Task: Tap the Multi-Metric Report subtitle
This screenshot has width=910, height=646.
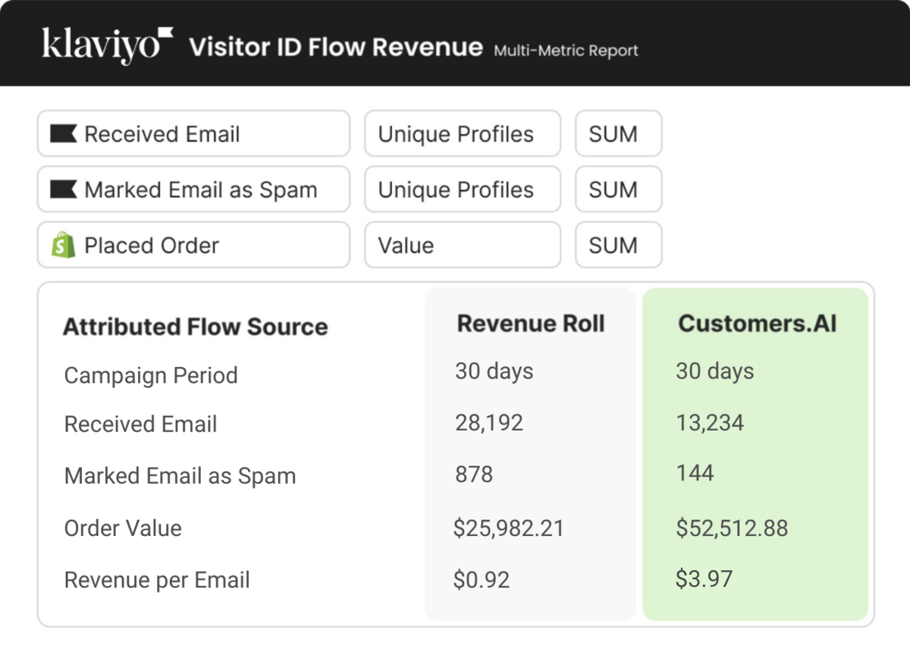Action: coord(566,51)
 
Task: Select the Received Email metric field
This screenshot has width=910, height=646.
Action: coord(193,134)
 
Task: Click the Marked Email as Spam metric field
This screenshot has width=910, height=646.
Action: coord(193,190)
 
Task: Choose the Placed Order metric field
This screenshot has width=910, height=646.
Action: coord(193,245)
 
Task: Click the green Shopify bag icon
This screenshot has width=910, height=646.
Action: coord(64,245)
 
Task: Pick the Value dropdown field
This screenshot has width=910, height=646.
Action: coord(462,245)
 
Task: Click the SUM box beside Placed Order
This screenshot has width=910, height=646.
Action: coord(618,245)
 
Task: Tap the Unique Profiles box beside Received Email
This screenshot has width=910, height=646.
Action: coord(462,134)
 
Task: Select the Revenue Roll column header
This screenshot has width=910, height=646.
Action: coord(531,324)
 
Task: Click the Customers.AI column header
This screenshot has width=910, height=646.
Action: coord(757,324)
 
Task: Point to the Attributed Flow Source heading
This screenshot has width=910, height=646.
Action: coord(195,327)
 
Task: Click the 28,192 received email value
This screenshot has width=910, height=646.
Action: coord(489,423)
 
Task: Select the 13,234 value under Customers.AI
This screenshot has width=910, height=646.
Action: coord(710,423)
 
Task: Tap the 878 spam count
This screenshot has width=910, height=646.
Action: coord(473,475)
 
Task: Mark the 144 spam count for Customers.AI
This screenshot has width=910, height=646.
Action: coord(695,473)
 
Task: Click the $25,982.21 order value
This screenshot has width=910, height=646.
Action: coord(508,528)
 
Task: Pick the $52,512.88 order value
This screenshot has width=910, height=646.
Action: coord(732,528)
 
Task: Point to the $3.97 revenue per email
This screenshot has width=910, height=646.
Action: coord(704,579)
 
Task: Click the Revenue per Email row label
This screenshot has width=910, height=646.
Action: coord(157,580)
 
